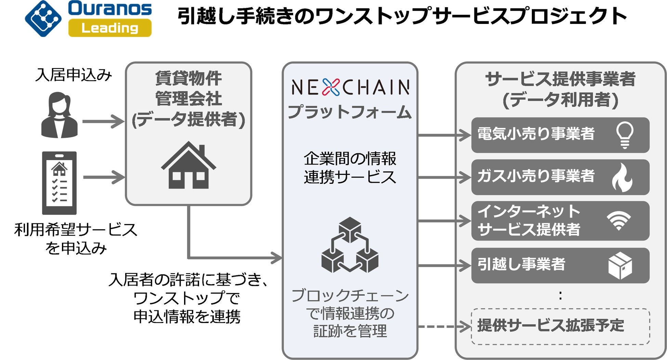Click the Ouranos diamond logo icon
(43, 18)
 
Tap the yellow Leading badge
(110, 28)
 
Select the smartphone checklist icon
(59, 183)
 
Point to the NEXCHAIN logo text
(350, 87)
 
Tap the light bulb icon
(625, 135)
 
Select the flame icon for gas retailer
(623, 177)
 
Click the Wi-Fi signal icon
(618, 220)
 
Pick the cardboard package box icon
(620, 266)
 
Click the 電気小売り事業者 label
(536, 134)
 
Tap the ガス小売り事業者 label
(536, 176)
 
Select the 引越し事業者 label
(521, 264)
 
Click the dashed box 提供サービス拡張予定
(560, 326)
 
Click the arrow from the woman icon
(103, 121)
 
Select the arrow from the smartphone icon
(104, 177)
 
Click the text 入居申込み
(74, 75)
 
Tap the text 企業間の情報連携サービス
(350, 168)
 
